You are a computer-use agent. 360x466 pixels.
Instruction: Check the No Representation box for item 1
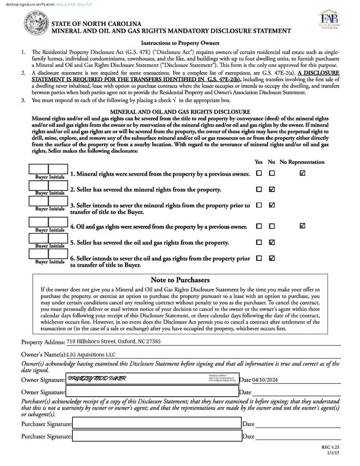click(303, 173)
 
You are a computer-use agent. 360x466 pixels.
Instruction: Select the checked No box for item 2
click(272, 189)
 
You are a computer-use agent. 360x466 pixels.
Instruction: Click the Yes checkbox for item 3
click(259, 205)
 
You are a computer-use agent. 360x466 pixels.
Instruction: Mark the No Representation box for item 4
click(303, 226)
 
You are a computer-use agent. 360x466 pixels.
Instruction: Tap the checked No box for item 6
click(272, 258)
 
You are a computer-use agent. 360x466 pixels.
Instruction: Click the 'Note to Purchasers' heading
click(180, 280)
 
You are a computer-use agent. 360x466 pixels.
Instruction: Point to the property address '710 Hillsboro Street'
click(113, 342)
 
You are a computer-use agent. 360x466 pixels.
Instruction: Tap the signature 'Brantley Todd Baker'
click(96, 379)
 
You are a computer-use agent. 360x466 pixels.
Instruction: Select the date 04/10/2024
click(265, 380)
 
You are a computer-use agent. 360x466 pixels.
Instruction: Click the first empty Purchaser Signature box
click(157, 424)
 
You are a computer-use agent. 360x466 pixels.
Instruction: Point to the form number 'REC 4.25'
click(331, 447)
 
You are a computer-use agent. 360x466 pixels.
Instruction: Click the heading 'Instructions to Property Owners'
click(180, 43)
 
